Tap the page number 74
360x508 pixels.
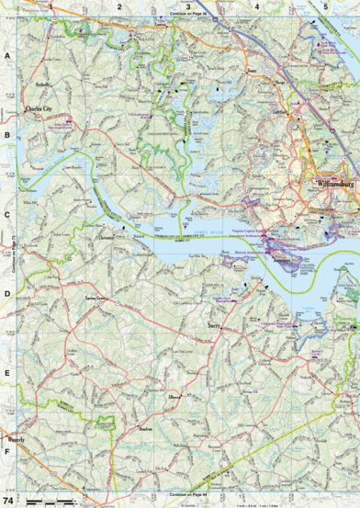(9, 500)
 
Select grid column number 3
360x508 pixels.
(188, 6)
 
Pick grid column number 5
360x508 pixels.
(326, 6)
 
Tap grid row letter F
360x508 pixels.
(6, 452)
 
